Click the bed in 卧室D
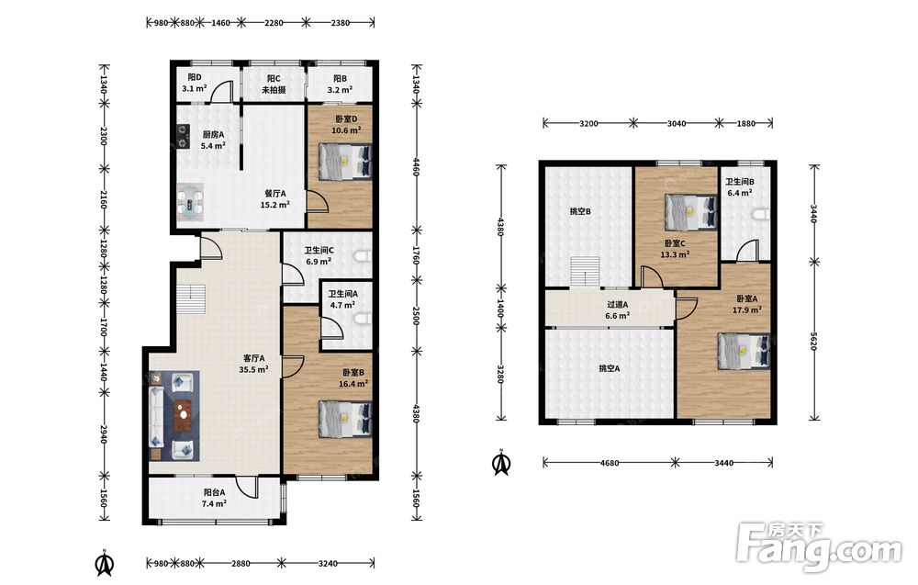(345, 162)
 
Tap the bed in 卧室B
(345, 419)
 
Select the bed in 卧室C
(691, 212)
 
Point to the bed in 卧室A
(744, 351)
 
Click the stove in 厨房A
(184, 136)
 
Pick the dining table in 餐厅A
(191, 202)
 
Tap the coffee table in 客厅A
(184, 414)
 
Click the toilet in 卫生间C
(363, 256)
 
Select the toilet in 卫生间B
(762, 214)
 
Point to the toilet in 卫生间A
(363, 319)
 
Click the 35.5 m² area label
(253, 369)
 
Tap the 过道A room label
(617, 305)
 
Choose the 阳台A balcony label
(215, 492)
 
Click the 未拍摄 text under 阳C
(274, 90)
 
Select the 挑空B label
(579, 211)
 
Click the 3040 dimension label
(677, 124)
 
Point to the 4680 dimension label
(610, 463)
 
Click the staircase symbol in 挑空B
(586, 273)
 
